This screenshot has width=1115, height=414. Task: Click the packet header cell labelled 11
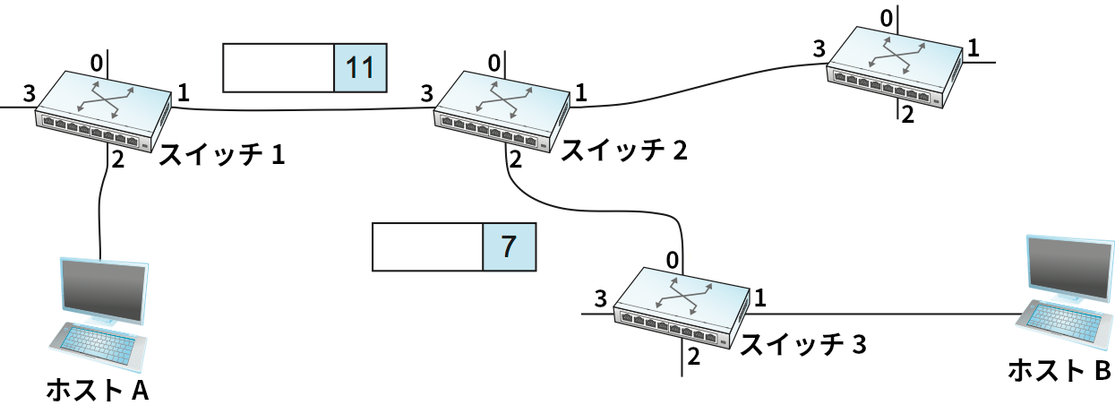tap(360, 68)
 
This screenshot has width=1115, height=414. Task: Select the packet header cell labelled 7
tap(509, 247)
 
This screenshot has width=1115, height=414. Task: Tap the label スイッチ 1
tap(222, 156)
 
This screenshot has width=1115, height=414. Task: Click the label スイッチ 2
tap(623, 151)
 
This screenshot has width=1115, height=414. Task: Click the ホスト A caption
tap(97, 391)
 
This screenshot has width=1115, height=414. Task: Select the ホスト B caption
tap(1059, 369)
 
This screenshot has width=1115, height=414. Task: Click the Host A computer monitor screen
tap(101, 289)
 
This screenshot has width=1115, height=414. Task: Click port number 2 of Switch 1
tap(116, 160)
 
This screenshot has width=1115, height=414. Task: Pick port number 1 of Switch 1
tap(184, 91)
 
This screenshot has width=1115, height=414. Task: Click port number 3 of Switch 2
tap(426, 92)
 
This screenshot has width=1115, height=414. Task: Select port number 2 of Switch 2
tap(514, 160)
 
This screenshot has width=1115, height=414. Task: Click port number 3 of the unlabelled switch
tap(818, 48)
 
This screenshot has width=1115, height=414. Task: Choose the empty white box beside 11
tap(278, 68)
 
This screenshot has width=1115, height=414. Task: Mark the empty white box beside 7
tap(427, 247)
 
